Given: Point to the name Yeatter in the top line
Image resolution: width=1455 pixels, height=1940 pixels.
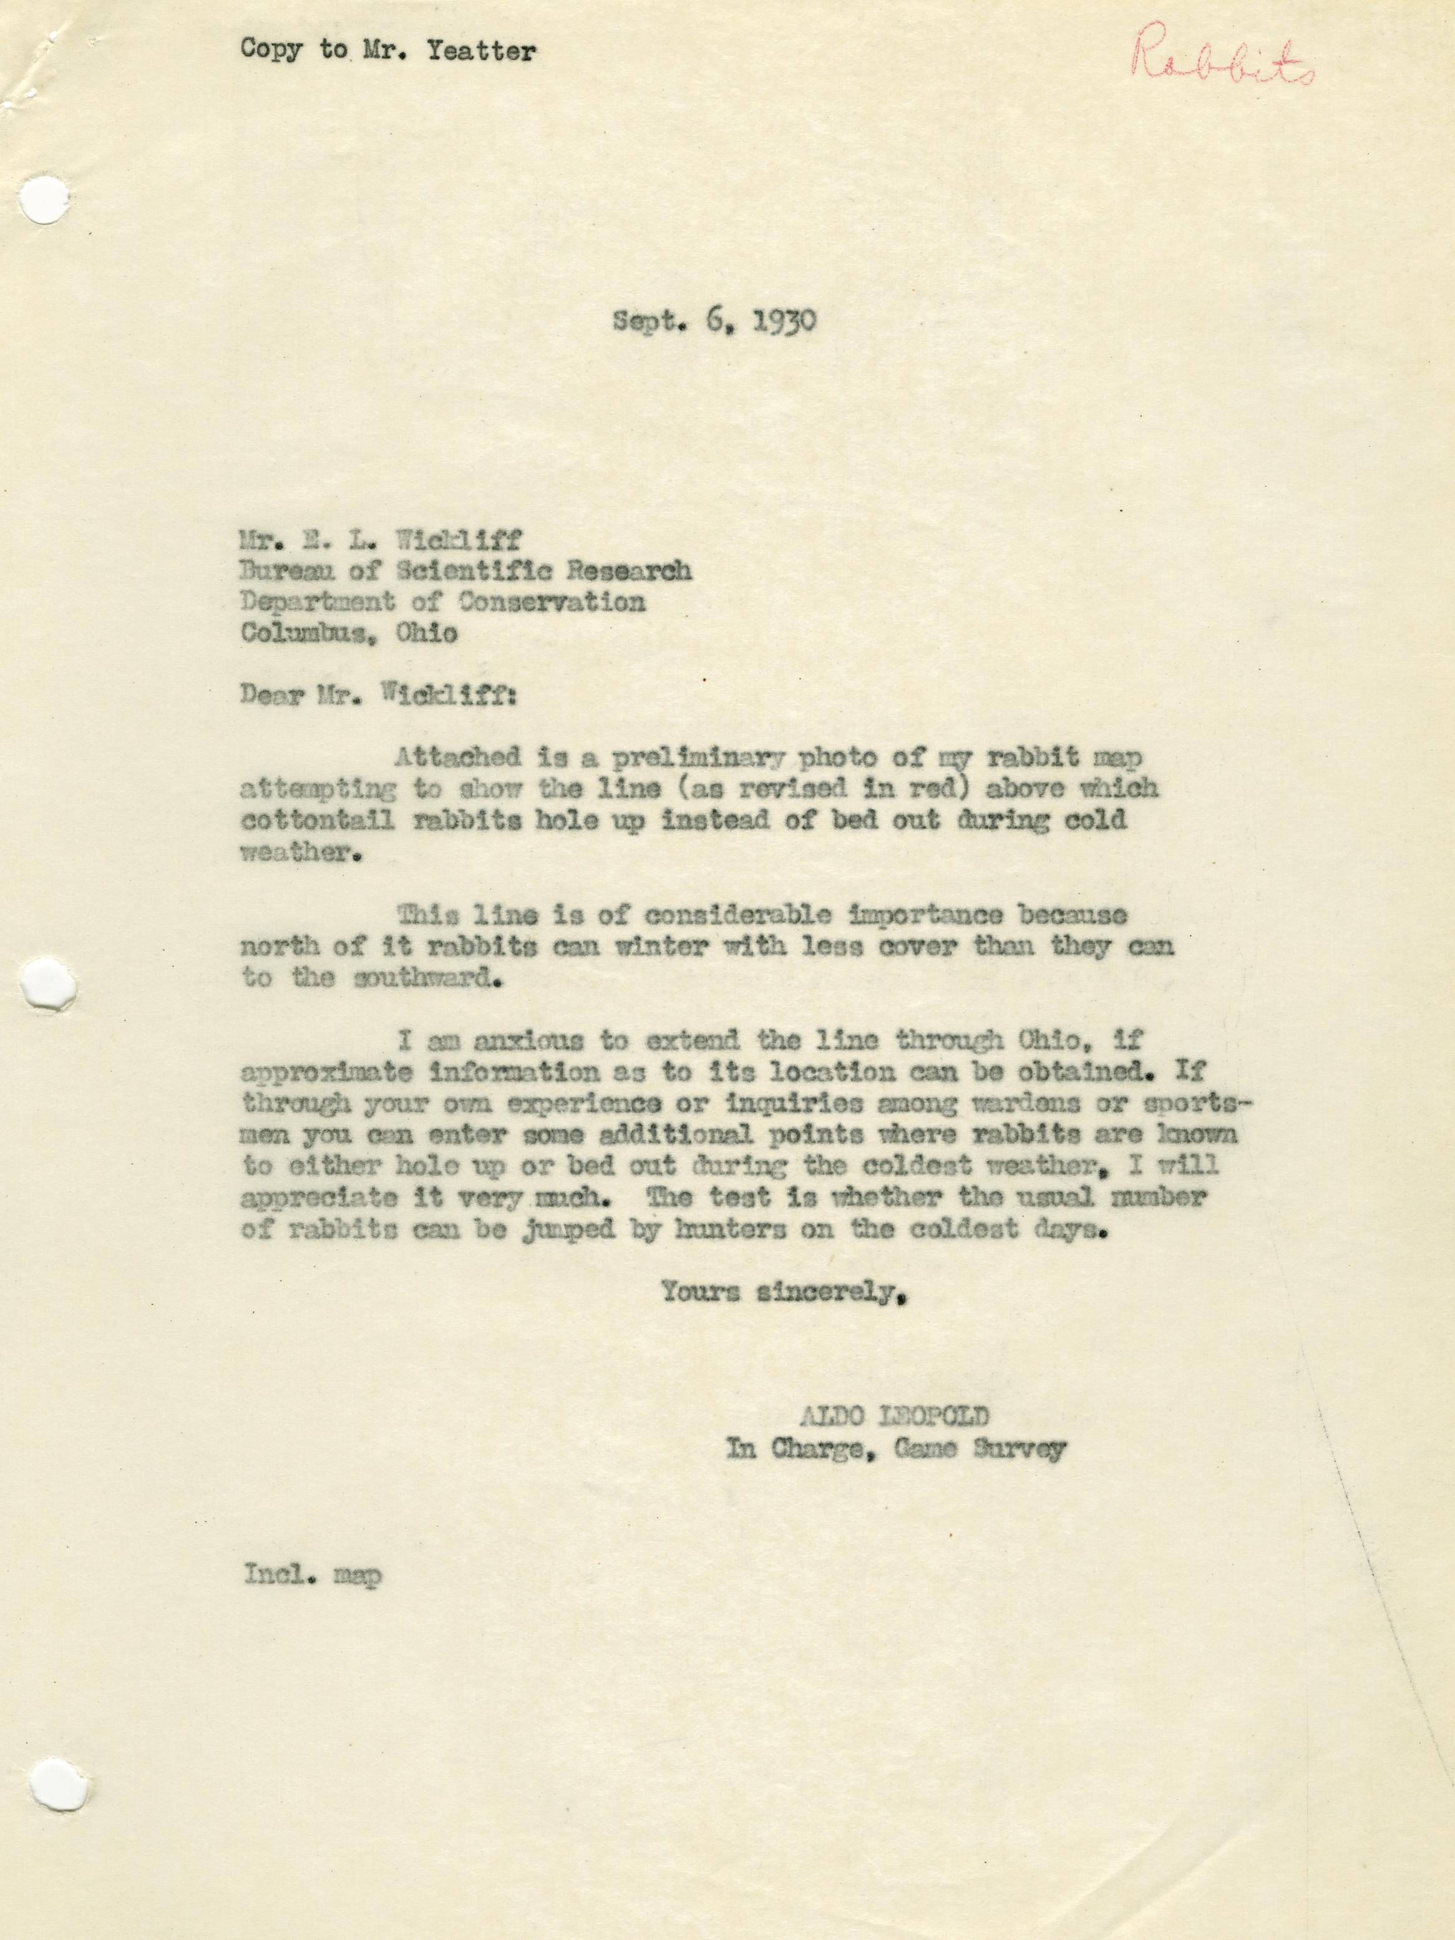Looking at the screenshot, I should (x=480, y=51).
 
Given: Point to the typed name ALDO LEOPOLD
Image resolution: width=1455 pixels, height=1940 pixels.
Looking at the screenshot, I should (x=893, y=1416).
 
